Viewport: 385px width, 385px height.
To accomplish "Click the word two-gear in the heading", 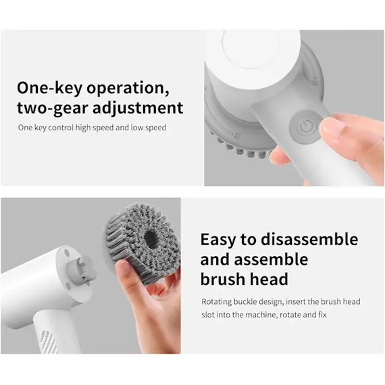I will pyautogui.click(x=53, y=107).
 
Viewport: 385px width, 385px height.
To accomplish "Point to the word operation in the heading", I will pyautogui.click(x=127, y=88).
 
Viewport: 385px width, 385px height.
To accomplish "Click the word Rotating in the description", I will pyautogui.click(x=217, y=302).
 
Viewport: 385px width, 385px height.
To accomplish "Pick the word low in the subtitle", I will pyautogui.click(x=138, y=127).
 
